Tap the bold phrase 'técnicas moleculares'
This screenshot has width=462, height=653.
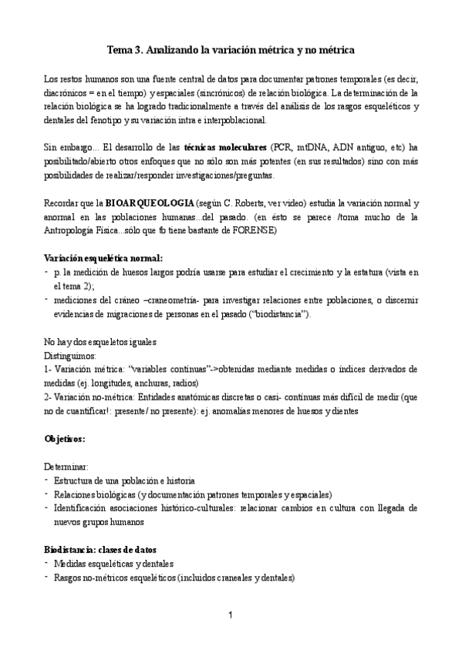click(x=224, y=146)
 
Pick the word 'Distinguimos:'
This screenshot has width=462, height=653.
click(x=70, y=356)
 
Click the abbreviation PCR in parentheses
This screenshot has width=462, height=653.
click(x=282, y=146)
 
